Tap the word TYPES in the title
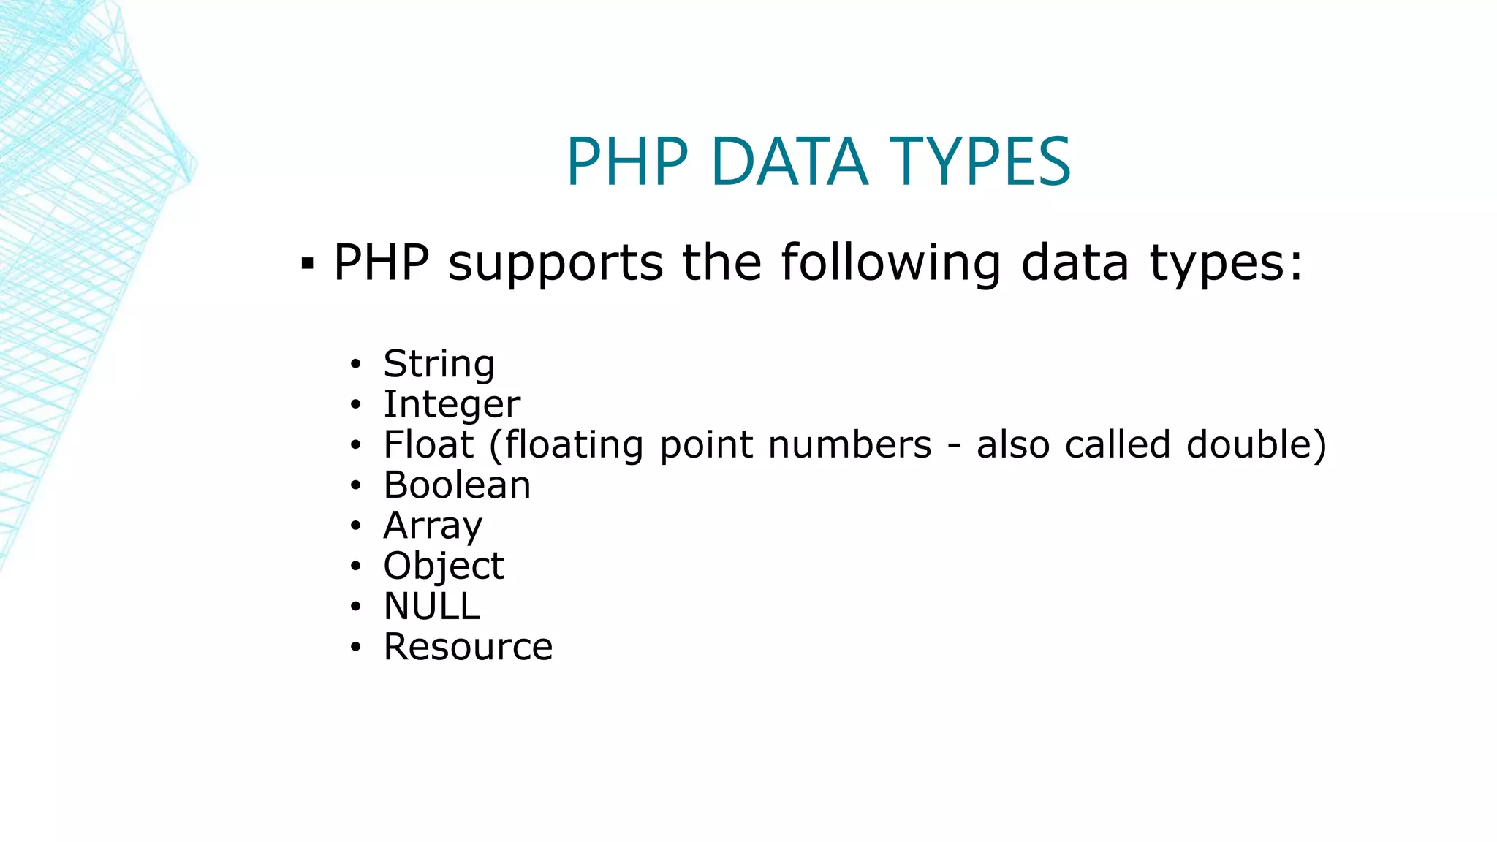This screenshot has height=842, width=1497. [x=979, y=162]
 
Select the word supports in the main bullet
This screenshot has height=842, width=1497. [x=556, y=263]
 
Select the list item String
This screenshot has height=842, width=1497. [x=439, y=364]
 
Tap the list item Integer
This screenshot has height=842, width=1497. [x=452, y=405]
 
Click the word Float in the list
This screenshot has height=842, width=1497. [x=429, y=444]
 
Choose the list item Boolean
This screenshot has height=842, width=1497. [x=457, y=485]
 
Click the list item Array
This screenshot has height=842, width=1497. [x=433, y=526]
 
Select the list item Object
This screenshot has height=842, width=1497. [x=444, y=566]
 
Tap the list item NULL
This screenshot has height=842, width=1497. [x=432, y=606]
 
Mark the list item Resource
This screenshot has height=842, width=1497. [x=468, y=646]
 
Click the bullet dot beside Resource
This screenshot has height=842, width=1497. [x=355, y=647]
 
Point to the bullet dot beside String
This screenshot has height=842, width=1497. [x=355, y=364]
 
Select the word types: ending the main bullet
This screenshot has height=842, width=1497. [x=1227, y=263]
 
